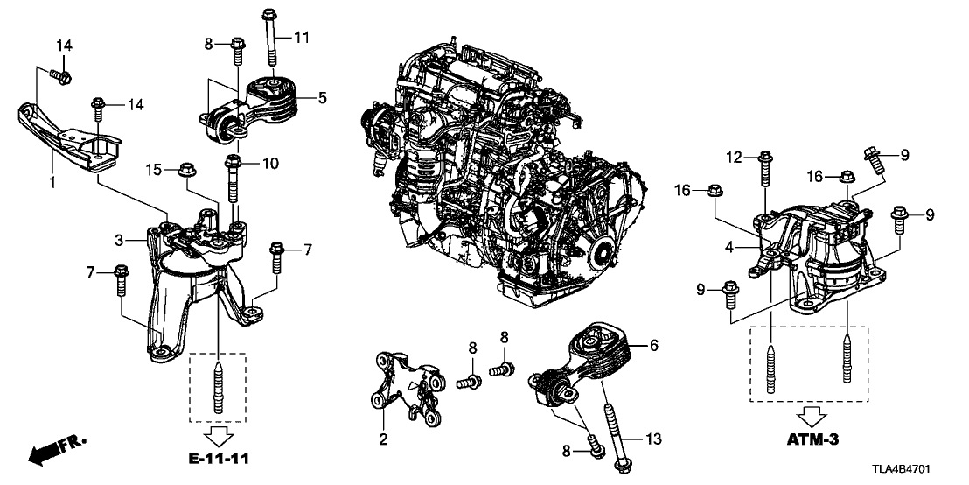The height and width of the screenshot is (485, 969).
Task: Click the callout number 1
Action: click(x=52, y=184)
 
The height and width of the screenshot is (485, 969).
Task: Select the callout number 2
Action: click(x=381, y=438)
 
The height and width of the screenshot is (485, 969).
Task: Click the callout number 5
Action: click(x=322, y=99)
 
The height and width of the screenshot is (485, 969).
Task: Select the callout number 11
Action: click(x=302, y=37)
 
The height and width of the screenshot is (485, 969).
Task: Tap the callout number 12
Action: click(x=733, y=157)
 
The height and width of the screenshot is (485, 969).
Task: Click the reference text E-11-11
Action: click(x=218, y=455)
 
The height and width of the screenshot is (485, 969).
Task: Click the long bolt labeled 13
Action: click(x=614, y=433)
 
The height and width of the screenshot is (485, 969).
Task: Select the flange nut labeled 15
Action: click(x=184, y=169)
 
